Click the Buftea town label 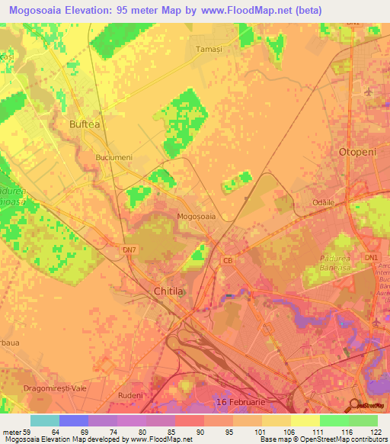[x=84, y=124]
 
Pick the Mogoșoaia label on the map [x=197, y=217]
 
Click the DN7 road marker [x=129, y=249]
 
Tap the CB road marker [x=227, y=260]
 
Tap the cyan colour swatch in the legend [x=45, y=420]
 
